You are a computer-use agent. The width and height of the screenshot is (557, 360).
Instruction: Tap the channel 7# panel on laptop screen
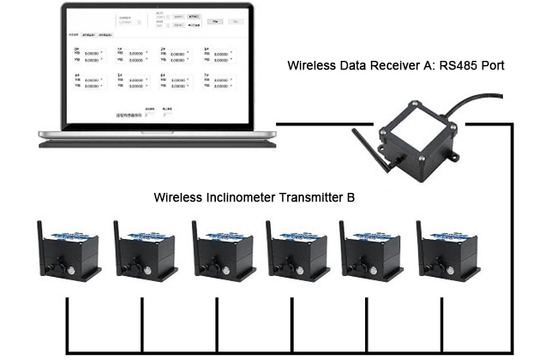coord(218,82)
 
